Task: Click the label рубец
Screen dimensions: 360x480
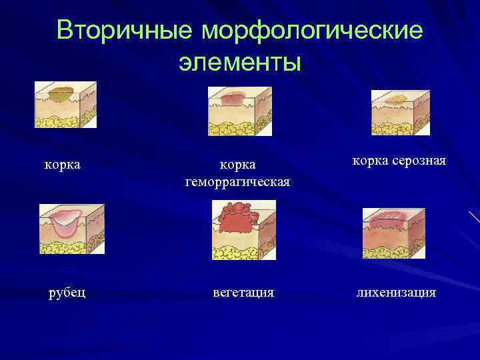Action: pyautogui.click(x=67, y=293)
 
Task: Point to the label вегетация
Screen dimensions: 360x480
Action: pyautogui.click(x=243, y=293)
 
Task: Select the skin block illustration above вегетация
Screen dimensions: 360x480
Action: pyautogui.click(x=243, y=230)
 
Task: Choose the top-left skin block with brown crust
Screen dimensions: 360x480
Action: pyautogui.click(x=65, y=105)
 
